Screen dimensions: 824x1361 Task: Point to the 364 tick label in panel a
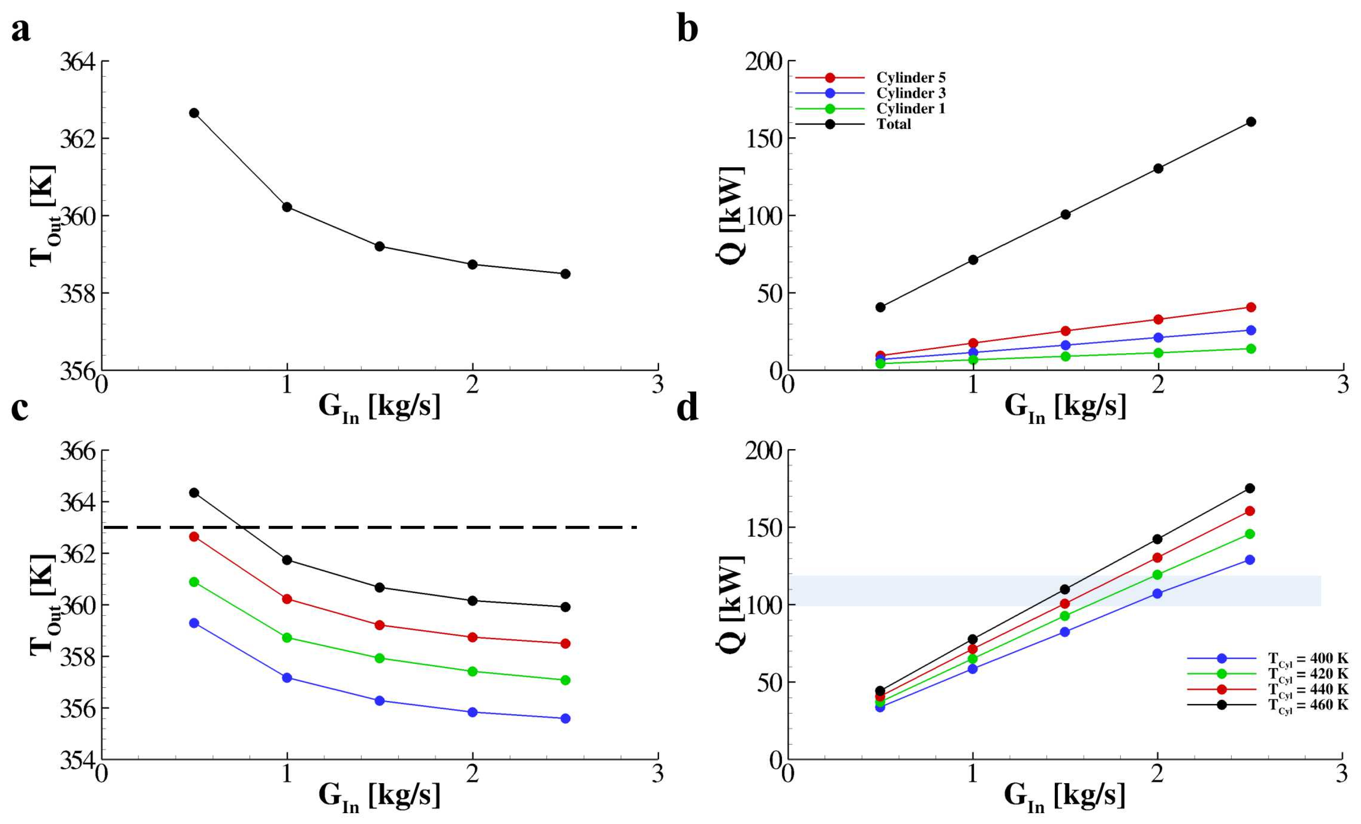tap(77, 61)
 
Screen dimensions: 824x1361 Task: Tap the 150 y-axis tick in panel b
tap(765, 138)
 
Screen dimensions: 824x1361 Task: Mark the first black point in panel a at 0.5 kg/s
tap(194, 113)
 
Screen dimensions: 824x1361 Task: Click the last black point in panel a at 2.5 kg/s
tap(565, 274)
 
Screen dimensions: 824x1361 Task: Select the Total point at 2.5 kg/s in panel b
tap(1251, 121)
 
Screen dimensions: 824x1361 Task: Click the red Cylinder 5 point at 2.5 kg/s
tap(1251, 307)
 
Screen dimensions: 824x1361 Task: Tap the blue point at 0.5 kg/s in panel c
tap(194, 623)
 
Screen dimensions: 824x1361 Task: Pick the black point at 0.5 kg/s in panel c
tap(194, 492)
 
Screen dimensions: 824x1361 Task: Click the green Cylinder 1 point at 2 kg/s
tap(1158, 353)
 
